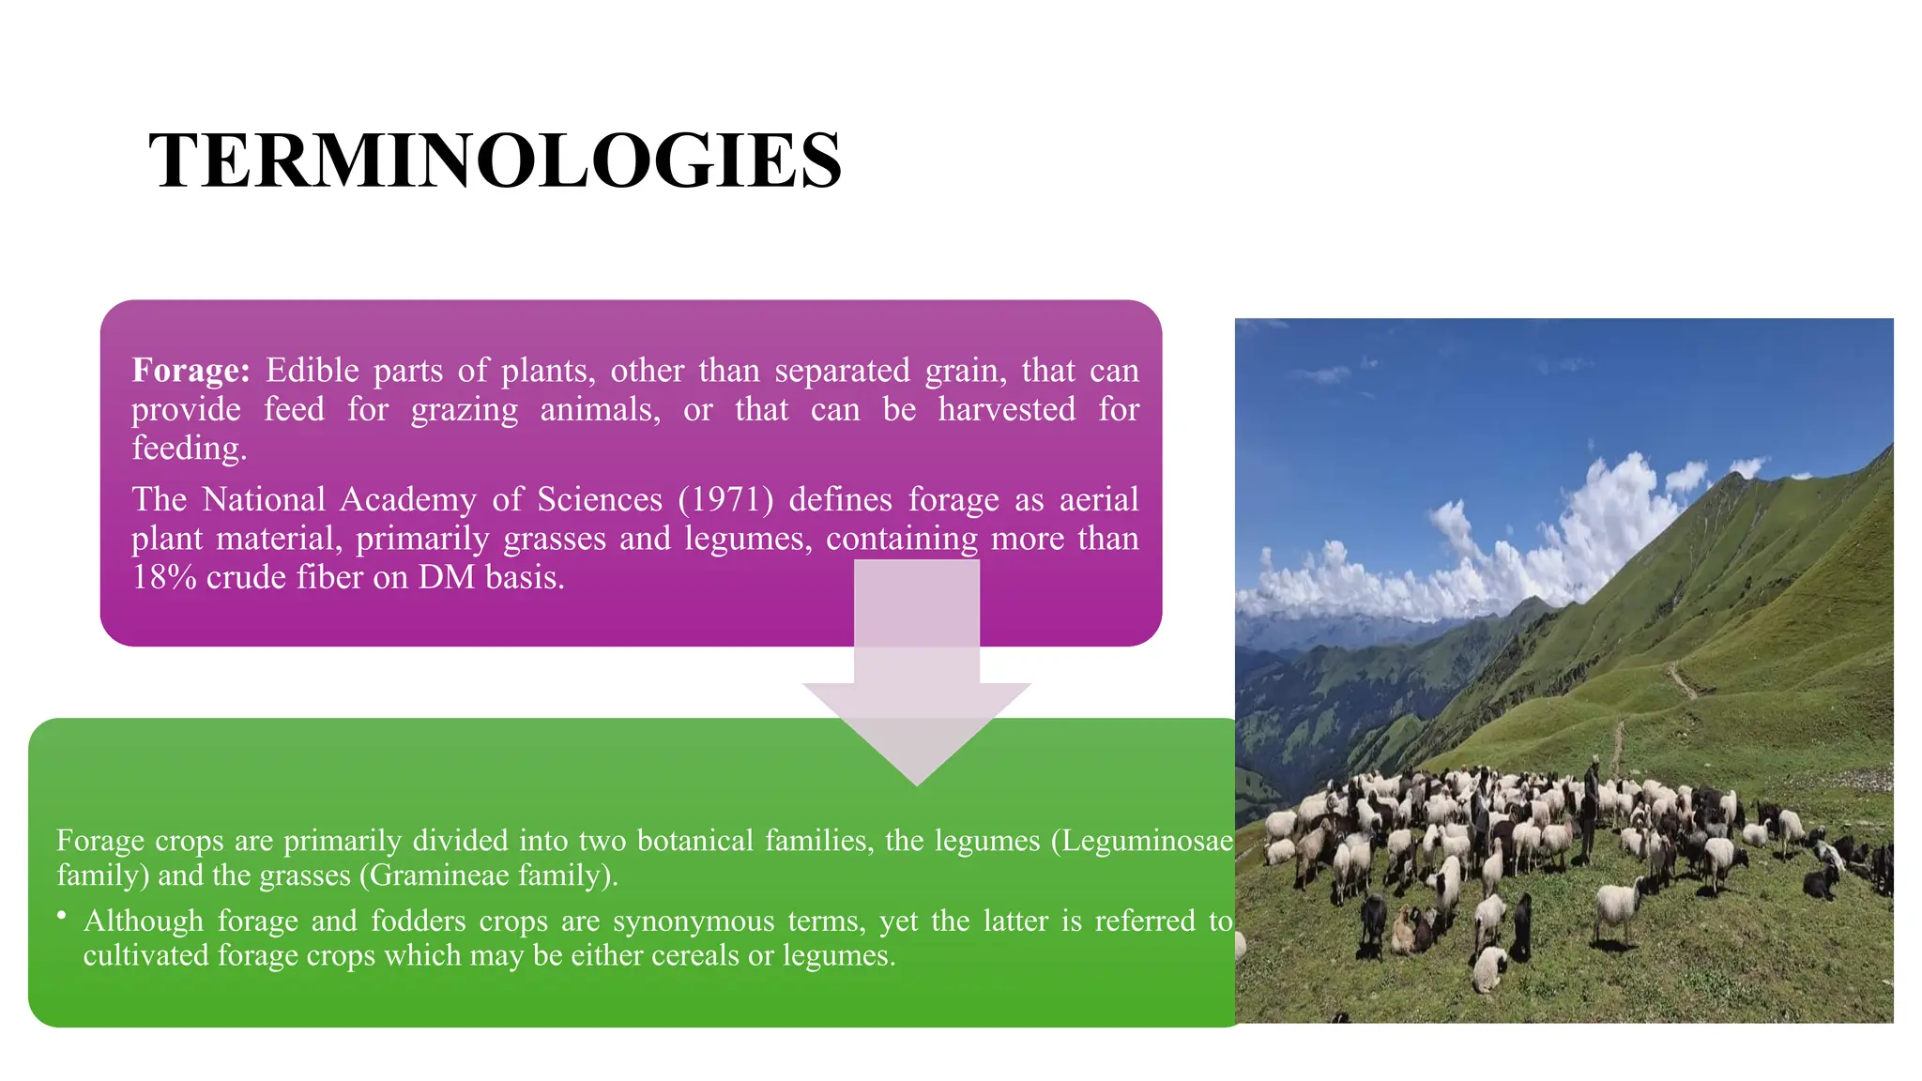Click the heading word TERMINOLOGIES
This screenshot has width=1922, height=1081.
point(495,160)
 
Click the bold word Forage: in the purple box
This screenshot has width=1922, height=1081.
point(191,371)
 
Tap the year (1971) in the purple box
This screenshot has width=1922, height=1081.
point(725,499)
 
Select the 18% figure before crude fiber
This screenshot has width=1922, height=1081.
point(163,577)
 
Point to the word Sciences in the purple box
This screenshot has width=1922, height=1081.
point(600,499)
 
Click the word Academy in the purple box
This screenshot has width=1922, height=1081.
point(408,499)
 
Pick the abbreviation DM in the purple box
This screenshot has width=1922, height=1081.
point(447,577)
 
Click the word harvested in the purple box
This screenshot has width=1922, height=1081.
point(1006,410)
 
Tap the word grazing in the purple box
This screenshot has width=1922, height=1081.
point(464,410)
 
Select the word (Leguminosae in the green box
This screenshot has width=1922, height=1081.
point(1141,840)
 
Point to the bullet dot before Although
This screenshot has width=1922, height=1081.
point(62,914)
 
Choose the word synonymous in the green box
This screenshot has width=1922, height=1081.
point(694,921)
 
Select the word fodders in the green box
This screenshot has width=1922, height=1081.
point(418,921)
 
